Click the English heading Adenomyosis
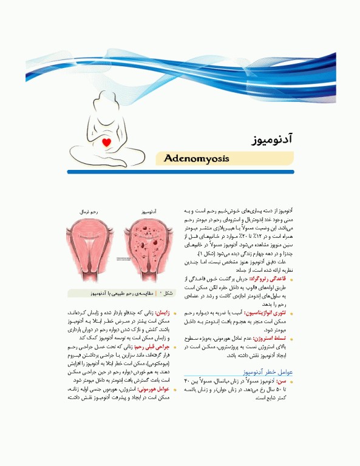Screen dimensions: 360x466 (196, 159)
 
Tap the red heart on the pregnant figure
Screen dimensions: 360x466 (107, 143)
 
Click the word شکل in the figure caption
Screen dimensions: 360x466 (168, 293)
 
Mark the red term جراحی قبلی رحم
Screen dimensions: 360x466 (152, 348)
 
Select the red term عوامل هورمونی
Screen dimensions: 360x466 (153, 390)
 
